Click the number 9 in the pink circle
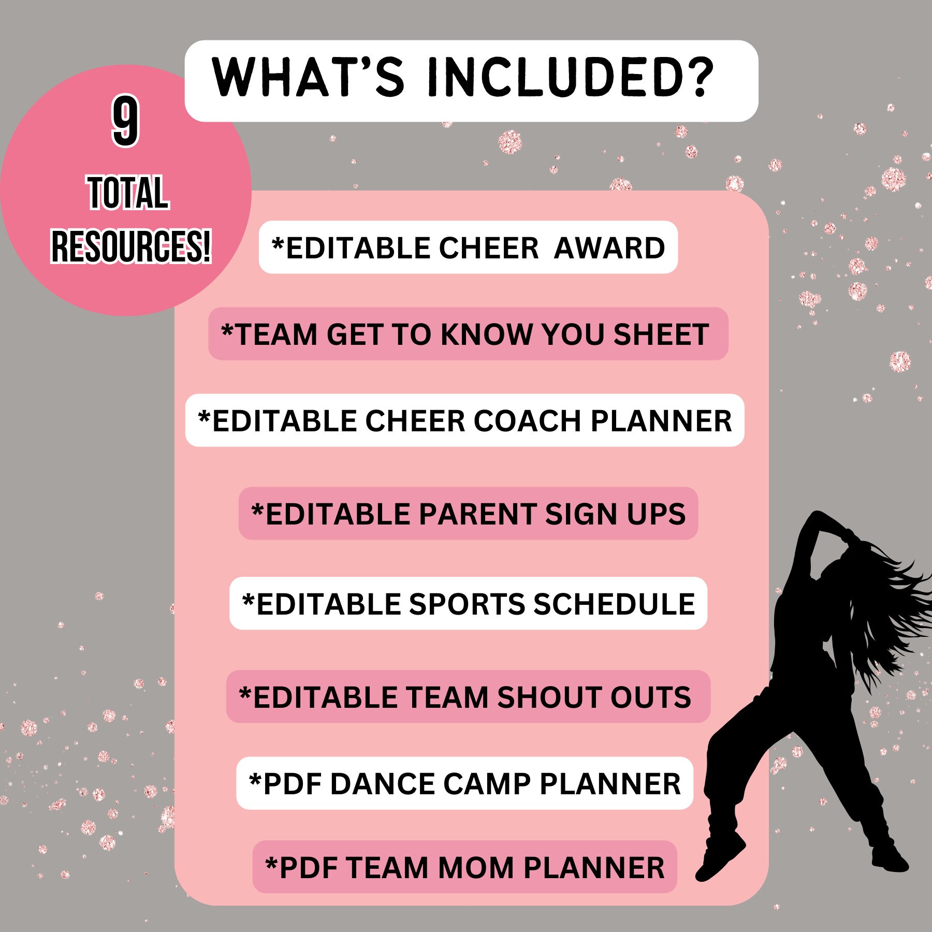[x=125, y=122]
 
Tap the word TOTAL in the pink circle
[x=128, y=193]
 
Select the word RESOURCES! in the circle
[x=130, y=246]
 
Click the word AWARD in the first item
[x=609, y=248]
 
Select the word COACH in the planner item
[x=527, y=421]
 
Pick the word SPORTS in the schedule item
[x=467, y=604]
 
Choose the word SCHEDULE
[x=614, y=604]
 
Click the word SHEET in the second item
[x=661, y=334]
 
